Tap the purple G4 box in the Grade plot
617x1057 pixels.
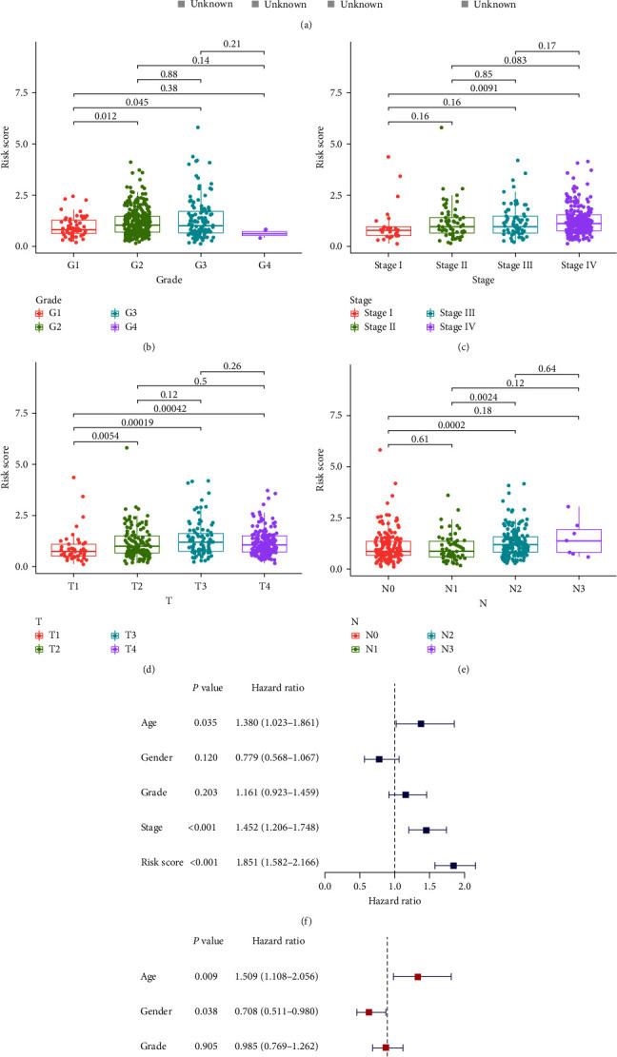(264, 233)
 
